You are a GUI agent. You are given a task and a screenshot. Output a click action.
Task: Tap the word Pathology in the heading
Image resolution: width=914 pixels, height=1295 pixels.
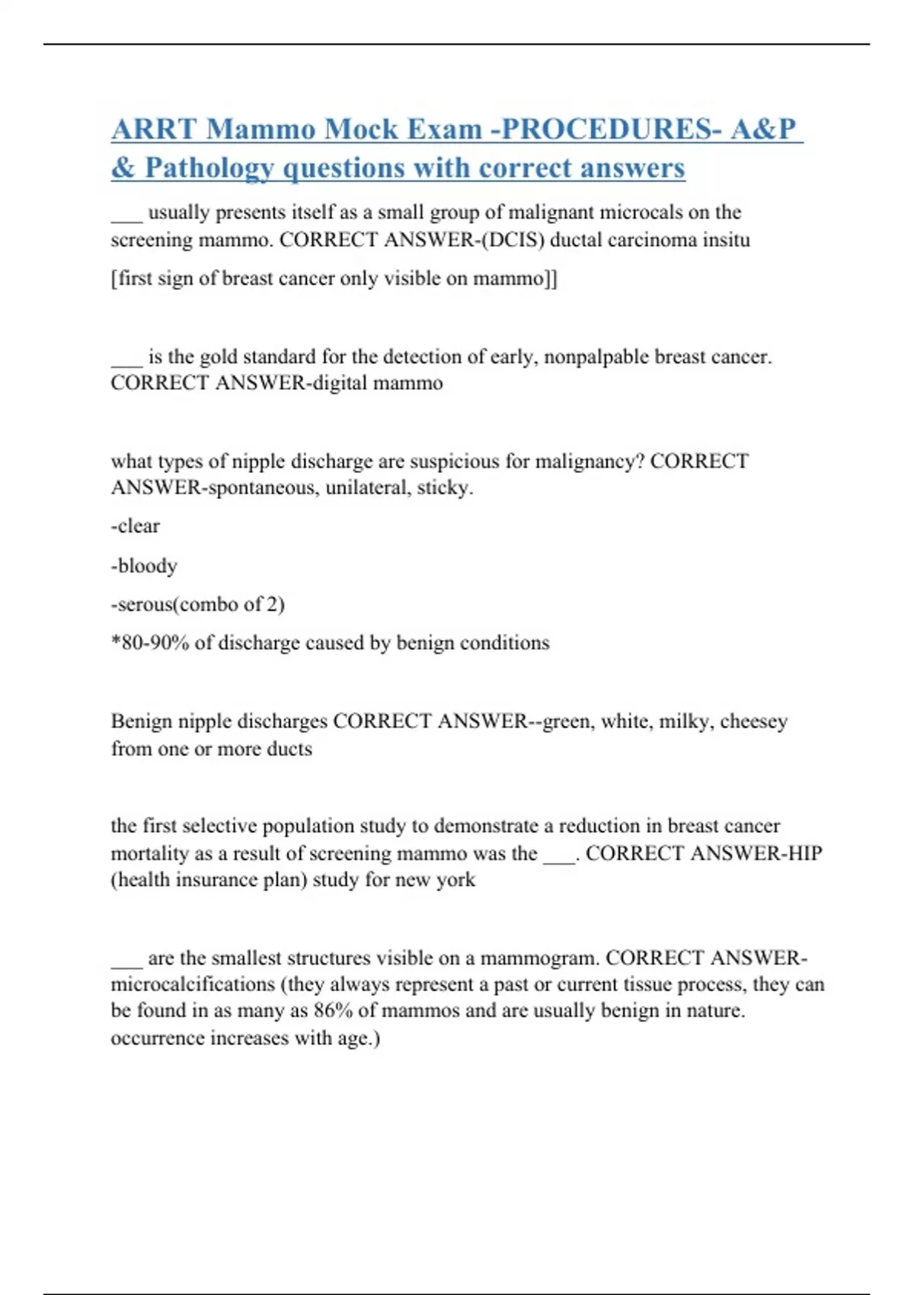tap(209, 168)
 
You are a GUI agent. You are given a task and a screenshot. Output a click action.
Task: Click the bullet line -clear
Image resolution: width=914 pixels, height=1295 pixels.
tap(136, 526)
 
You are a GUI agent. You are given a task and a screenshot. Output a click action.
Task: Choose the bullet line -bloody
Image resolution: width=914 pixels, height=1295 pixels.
tap(144, 565)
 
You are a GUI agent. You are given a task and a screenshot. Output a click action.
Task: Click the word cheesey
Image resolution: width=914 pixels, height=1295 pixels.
tap(753, 721)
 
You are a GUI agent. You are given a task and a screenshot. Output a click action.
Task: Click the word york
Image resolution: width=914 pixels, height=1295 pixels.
tap(455, 880)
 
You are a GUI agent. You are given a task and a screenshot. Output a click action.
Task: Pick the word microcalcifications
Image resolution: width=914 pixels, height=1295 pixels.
tap(193, 984)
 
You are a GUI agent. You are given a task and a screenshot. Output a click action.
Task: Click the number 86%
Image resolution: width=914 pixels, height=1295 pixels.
tap(333, 1011)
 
